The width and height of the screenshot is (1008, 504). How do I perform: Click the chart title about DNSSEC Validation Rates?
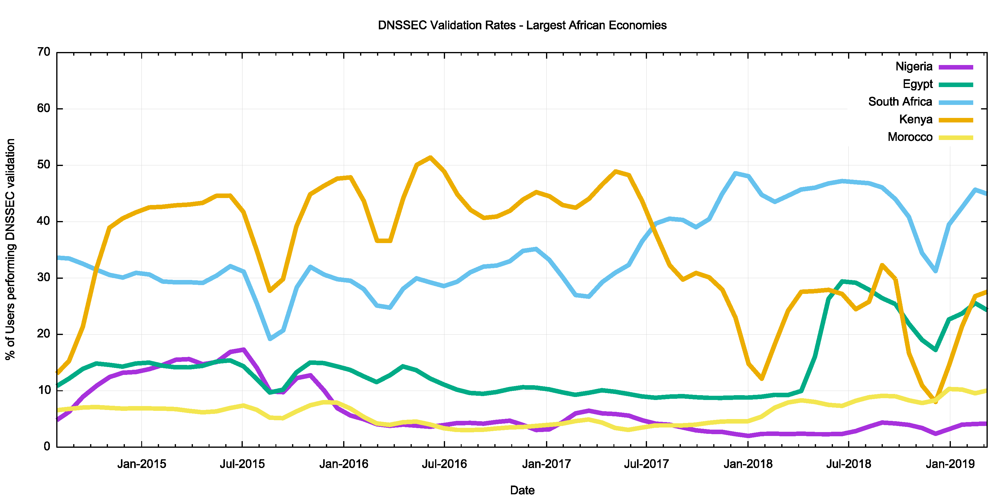[x=522, y=25]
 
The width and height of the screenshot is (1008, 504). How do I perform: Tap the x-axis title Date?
[x=522, y=490]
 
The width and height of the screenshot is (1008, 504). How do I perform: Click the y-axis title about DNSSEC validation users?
[x=11, y=249]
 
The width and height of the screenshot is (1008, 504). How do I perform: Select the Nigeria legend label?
[x=914, y=67]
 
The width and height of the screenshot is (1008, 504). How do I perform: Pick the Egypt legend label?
[x=918, y=84]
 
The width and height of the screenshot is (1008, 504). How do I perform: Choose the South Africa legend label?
[x=900, y=102]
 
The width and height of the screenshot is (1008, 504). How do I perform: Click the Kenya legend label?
[x=916, y=119]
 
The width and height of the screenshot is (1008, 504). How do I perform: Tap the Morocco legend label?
[x=910, y=137]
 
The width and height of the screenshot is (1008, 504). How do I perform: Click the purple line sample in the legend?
[x=956, y=67]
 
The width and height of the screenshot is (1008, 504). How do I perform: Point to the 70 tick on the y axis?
[x=44, y=52]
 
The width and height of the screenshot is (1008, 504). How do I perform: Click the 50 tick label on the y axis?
[x=44, y=165]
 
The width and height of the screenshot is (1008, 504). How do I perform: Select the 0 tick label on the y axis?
[x=47, y=447]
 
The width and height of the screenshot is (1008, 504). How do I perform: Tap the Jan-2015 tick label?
[x=142, y=464]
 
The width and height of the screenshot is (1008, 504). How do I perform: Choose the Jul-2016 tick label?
[x=444, y=464]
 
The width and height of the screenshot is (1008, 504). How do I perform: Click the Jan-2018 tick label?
[x=748, y=464]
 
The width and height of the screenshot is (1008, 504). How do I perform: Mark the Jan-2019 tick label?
[x=950, y=464]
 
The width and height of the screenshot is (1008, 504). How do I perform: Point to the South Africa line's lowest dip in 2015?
[x=270, y=339]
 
